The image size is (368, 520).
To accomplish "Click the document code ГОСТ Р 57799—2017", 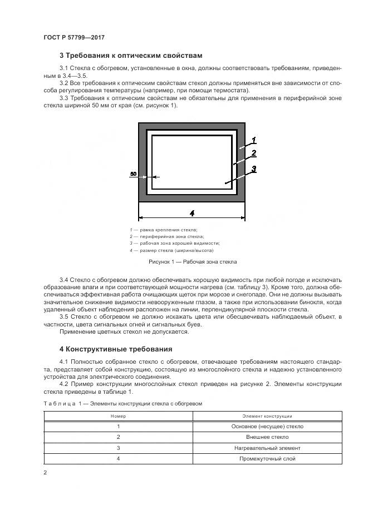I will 74,37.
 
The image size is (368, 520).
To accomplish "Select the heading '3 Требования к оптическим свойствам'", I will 130,56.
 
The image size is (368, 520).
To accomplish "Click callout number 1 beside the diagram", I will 253,140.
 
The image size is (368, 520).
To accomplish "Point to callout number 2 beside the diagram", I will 253,153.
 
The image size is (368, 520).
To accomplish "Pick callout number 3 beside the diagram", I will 253,170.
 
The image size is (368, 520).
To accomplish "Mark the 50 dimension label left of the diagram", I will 133,174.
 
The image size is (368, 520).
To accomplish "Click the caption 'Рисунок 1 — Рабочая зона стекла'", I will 193,261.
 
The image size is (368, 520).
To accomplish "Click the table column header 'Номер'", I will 118,415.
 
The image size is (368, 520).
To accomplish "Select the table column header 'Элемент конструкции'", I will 267,415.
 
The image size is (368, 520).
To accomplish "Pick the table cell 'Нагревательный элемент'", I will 267,448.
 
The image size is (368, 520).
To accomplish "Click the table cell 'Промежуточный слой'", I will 267,458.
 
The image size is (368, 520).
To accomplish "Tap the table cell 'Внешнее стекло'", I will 267,437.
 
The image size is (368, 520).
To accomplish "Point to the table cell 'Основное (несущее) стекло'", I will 267,427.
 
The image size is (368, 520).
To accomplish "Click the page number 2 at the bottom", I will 45,473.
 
